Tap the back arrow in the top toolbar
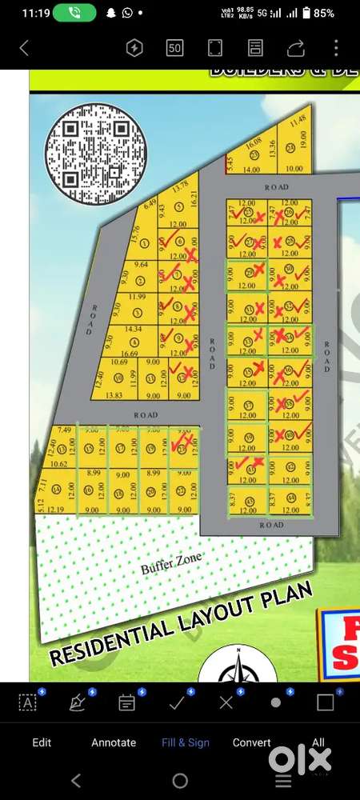pos(24,48)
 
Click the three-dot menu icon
pos(336,48)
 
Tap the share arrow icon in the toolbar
pos(296,48)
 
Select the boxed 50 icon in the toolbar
pos(174,48)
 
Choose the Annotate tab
pos(114,742)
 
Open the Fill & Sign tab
pos(186,742)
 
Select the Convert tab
pos(251,742)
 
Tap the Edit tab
pos(42,742)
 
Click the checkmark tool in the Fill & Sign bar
pos(177,702)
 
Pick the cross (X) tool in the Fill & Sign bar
pos(226,702)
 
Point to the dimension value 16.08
pos(254,142)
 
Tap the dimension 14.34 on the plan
pos(133,329)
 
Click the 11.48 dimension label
pos(298,121)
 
